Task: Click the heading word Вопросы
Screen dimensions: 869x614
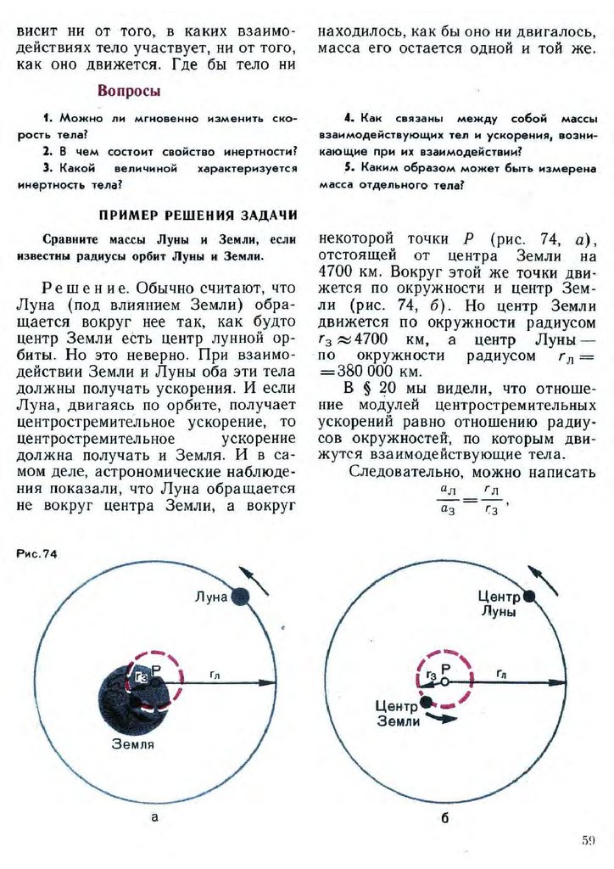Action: click(129, 91)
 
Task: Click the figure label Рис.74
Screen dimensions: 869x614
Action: click(36, 554)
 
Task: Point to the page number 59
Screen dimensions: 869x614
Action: click(589, 841)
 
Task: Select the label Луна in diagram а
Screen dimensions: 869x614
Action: click(211, 597)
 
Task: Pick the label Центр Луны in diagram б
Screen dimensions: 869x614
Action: click(498, 603)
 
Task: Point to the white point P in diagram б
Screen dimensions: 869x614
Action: click(444, 681)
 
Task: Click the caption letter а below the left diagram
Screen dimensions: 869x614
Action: click(153, 817)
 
